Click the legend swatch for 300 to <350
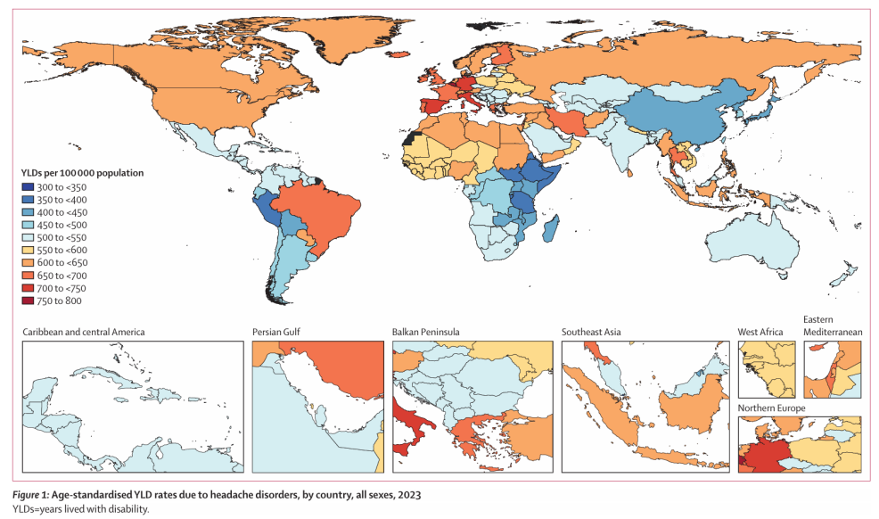click(28, 187)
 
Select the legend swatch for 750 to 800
click(28, 301)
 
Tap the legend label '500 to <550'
click(62, 237)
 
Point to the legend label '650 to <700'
click(62, 276)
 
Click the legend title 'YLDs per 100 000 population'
click(82, 173)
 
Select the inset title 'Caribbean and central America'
click(84, 332)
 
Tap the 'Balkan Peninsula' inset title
click(425, 332)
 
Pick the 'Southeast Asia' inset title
click(591, 332)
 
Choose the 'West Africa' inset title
click(760, 332)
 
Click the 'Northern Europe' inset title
click(771, 408)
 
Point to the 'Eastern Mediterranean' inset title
click(833, 325)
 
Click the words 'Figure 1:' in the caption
click(31, 495)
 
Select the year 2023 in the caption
click(410, 495)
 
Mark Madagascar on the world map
click(551, 230)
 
